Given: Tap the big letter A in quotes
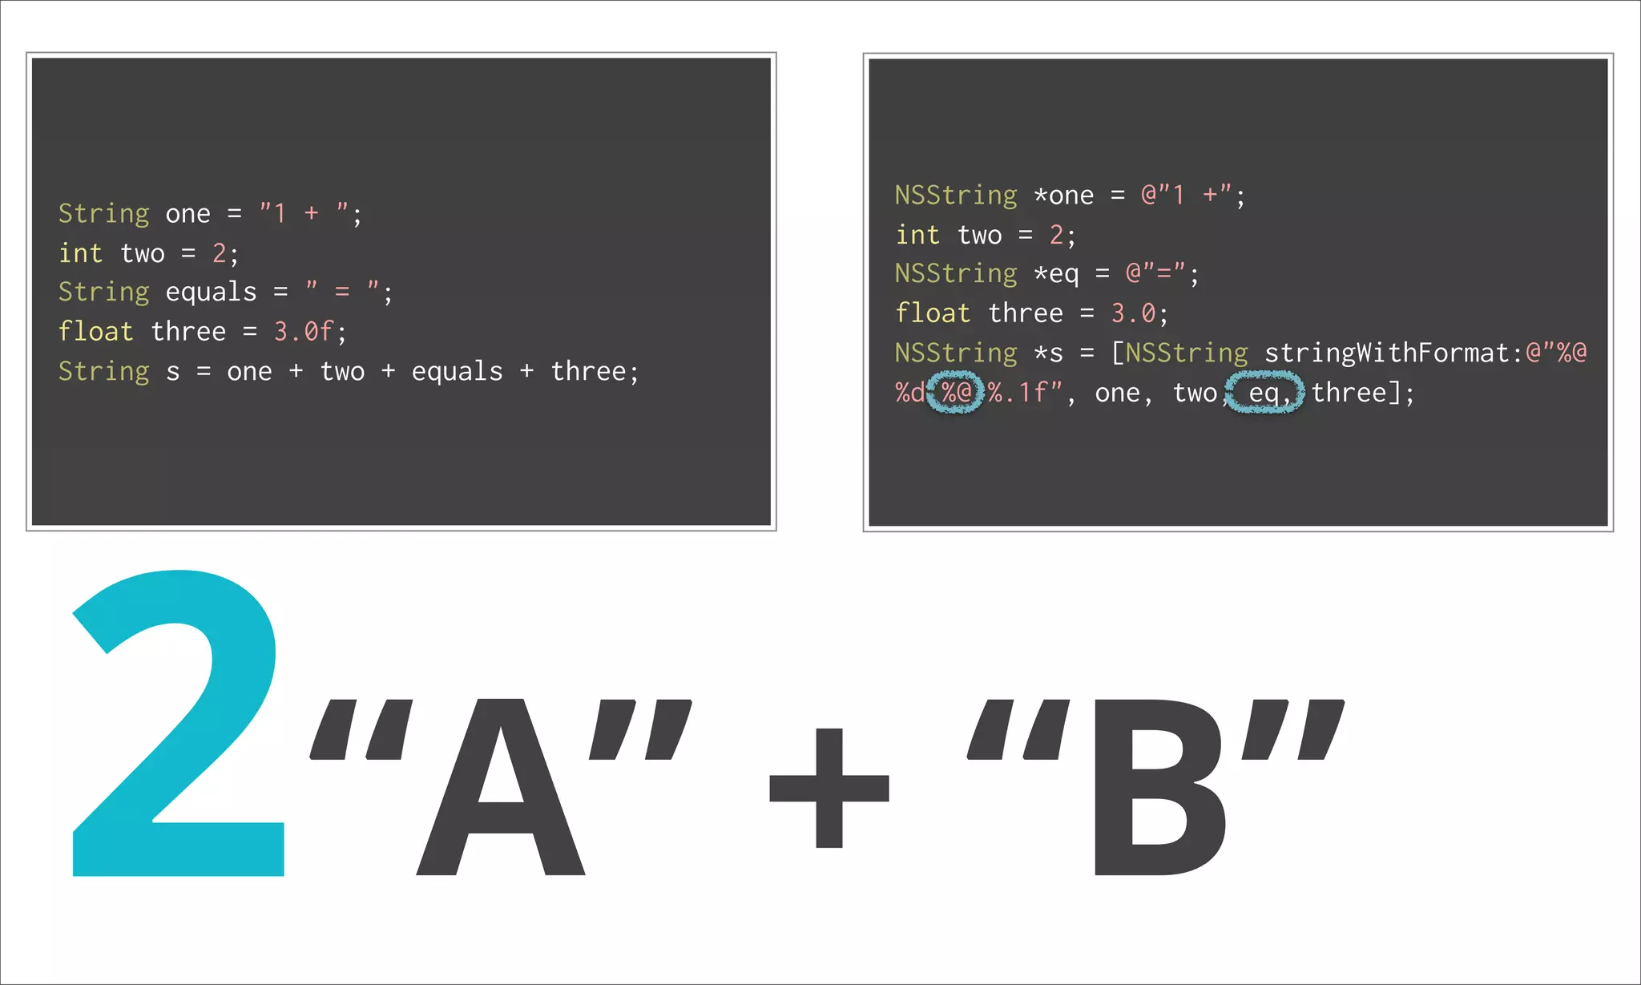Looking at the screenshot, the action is tap(501, 789).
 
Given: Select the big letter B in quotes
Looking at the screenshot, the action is tap(1158, 789).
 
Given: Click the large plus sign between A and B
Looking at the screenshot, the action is tap(829, 788).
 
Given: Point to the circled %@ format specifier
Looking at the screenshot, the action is tap(956, 393).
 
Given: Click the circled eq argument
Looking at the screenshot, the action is tap(1265, 393).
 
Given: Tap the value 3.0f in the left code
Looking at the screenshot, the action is tap(303, 331).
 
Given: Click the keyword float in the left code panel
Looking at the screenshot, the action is tap(95, 331).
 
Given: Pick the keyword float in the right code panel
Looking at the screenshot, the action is tap(933, 313).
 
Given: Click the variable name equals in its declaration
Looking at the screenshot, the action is tap(211, 292).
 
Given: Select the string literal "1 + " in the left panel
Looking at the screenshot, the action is tap(304, 213).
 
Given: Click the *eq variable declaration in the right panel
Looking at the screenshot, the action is tap(1056, 273).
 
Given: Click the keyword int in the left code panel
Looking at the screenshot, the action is tap(80, 253).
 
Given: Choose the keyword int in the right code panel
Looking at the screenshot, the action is tap(917, 235).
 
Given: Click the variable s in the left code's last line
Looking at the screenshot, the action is tap(173, 372).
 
